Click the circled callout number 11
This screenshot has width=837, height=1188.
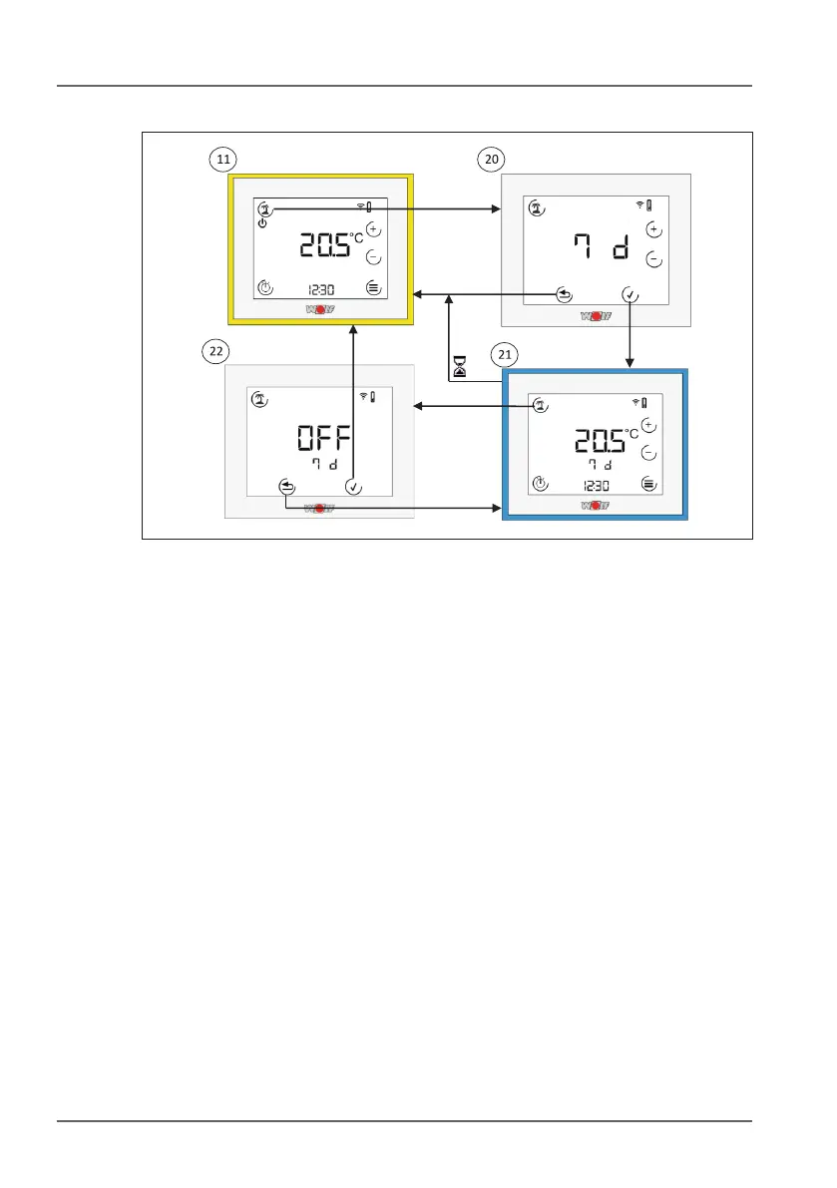221,158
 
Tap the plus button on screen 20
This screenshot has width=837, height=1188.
654,230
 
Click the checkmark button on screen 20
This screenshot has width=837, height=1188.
628,295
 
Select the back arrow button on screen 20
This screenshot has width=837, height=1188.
565,295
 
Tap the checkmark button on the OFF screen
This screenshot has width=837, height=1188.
354,487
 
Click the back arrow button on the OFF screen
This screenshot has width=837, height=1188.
287,487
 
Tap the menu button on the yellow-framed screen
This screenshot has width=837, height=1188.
373,287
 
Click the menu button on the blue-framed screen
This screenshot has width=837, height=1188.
649,484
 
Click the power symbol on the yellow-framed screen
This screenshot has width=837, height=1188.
262,223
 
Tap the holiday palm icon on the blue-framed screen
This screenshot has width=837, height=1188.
540,405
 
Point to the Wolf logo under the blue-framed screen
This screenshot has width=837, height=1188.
595,506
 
